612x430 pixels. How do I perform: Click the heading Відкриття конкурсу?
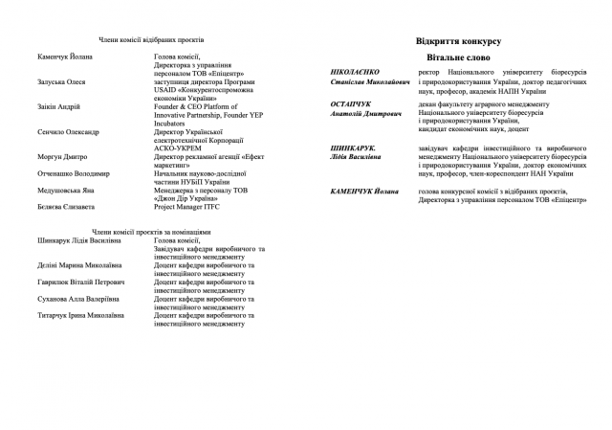point(459,41)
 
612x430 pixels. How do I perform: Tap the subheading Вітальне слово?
point(459,58)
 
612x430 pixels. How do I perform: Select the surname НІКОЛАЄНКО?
point(354,72)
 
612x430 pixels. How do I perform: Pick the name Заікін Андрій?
point(54,107)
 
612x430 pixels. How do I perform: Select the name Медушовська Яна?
point(63,191)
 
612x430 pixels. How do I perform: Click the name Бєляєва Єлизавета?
point(63,208)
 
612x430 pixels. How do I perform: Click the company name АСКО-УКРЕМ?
point(179,147)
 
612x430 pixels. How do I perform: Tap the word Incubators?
point(173,123)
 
